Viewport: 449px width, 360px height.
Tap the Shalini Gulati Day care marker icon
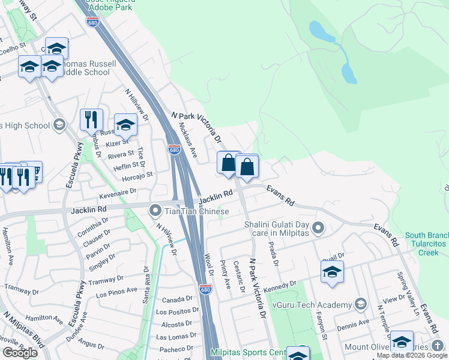(319, 228)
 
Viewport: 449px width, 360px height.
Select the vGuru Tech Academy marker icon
(360, 305)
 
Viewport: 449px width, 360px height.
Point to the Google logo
(20, 352)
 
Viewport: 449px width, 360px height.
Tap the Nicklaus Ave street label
(188, 139)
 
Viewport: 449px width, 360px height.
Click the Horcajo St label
(138, 175)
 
